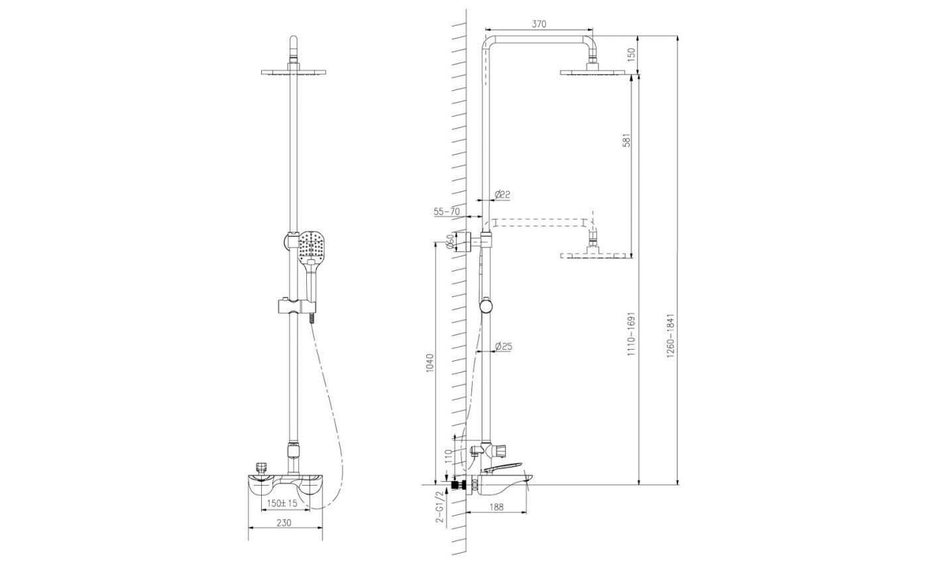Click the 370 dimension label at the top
pos(538,24)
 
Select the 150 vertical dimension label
pos(631,54)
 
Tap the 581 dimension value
pos(627,140)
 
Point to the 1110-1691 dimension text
pos(631,334)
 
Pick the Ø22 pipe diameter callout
pos(502,194)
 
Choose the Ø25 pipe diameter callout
pos(504,346)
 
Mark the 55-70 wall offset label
pos(447,212)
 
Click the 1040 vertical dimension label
pos(430,363)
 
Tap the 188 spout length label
pos(496,507)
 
